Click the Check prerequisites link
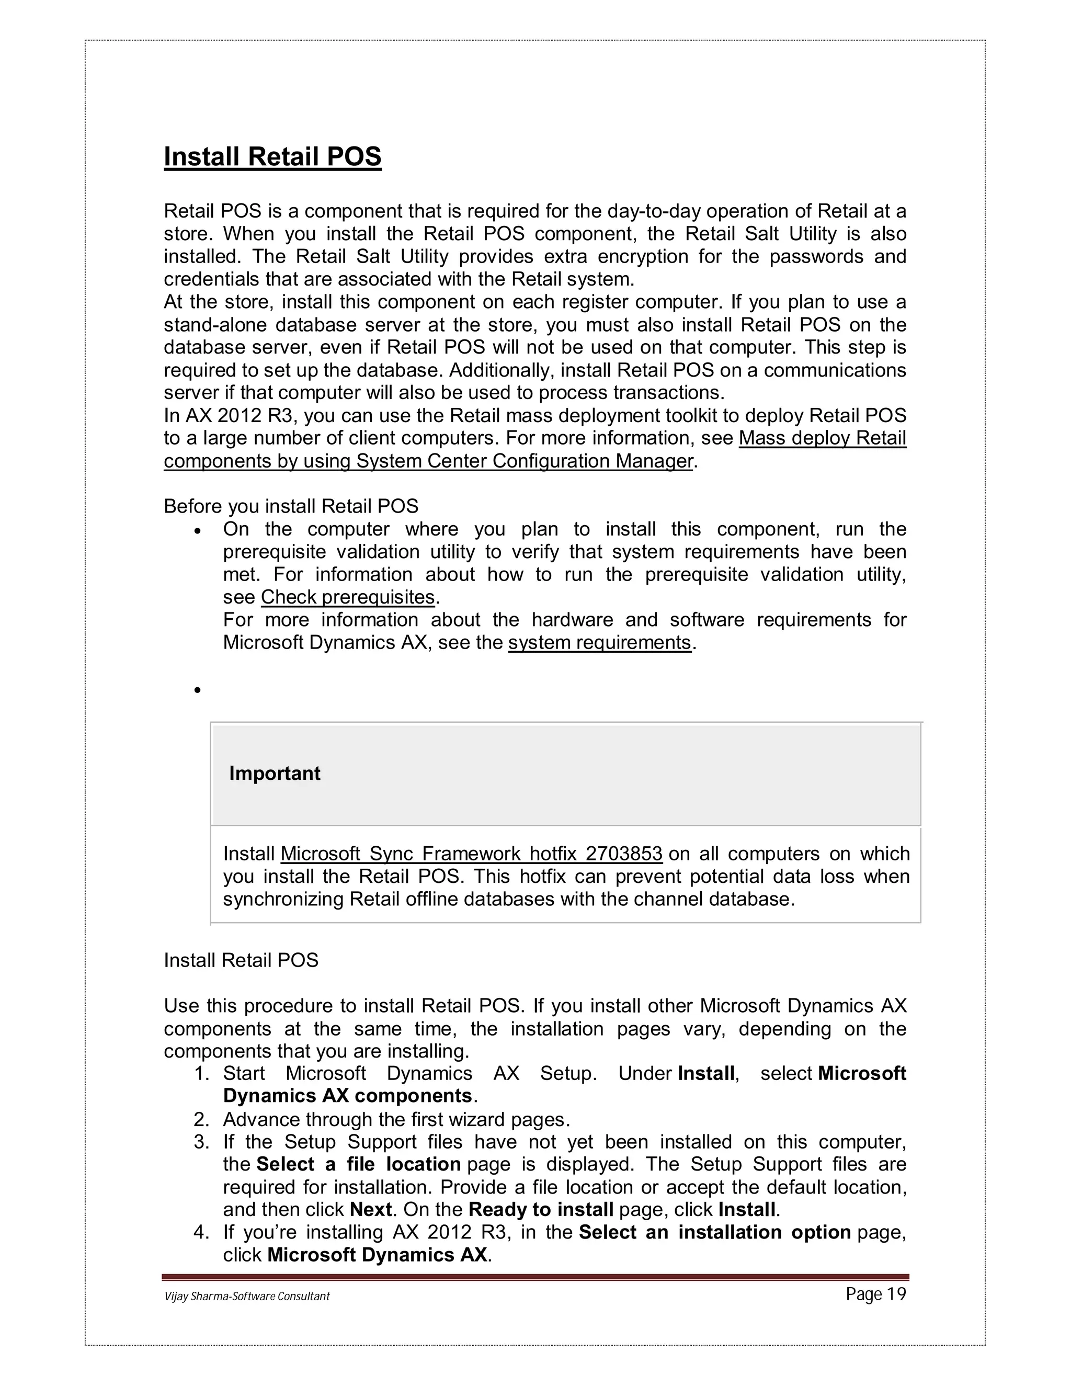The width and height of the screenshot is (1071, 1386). click(348, 597)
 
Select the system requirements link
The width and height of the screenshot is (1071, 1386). click(599, 642)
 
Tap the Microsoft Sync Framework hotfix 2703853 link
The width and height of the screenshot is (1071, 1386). click(471, 854)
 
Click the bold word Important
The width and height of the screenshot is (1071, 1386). click(274, 773)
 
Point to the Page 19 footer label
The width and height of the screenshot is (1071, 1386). click(875, 1294)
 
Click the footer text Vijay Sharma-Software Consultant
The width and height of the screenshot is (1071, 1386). click(247, 1296)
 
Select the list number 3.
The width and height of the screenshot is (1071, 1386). click(201, 1142)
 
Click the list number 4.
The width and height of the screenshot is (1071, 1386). click(201, 1232)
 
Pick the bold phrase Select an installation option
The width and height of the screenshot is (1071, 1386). click(714, 1232)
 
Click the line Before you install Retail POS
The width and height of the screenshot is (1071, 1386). click(291, 506)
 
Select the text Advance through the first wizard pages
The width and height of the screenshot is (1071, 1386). click(396, 1119)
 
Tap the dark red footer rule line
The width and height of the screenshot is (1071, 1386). click(535, 1277)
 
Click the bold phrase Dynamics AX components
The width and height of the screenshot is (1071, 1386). click(348, 1095)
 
